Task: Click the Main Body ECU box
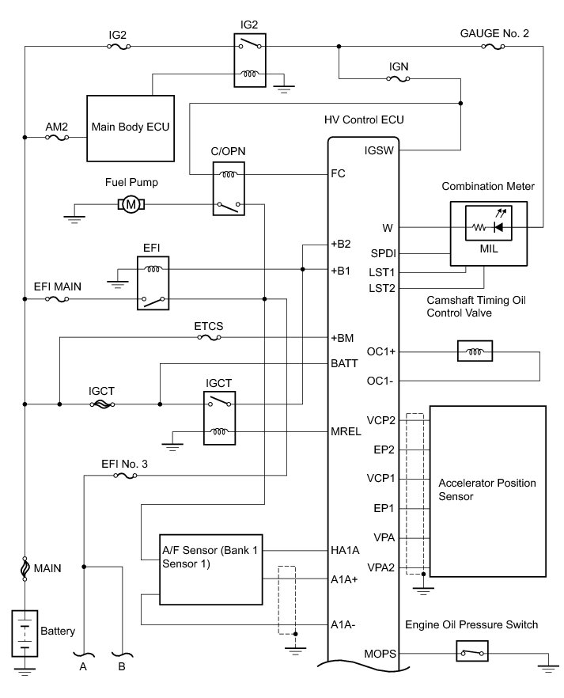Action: (x=131, y=128)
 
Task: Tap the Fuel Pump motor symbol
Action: (x=131, y=205)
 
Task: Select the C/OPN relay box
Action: (x=229, y=188)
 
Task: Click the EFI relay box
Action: (x=153, y=283)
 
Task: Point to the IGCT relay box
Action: (x=219, y=418)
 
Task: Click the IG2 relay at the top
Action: (x=250, y=60)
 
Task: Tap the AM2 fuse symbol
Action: (x=57, y=138)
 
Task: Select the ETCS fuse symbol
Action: (x=209, y=337)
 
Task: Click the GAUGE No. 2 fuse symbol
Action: (x=494, y=46)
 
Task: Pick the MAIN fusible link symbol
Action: (x=25, y=568)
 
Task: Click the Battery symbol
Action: (x=25, y=633)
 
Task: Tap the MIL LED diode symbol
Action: (x=499, y=227)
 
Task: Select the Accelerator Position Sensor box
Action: (x=487, y=491)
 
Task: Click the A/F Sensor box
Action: (x=211, y=570)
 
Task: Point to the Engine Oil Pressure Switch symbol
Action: (x=472, y=653)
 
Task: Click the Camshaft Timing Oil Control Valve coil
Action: (x=475, y=351)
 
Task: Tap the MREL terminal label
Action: (x=346, y=431)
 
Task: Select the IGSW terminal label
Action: (x=379, y=150)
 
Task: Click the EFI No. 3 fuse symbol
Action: (x=126, y=476)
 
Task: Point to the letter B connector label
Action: (x=122, y=666)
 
